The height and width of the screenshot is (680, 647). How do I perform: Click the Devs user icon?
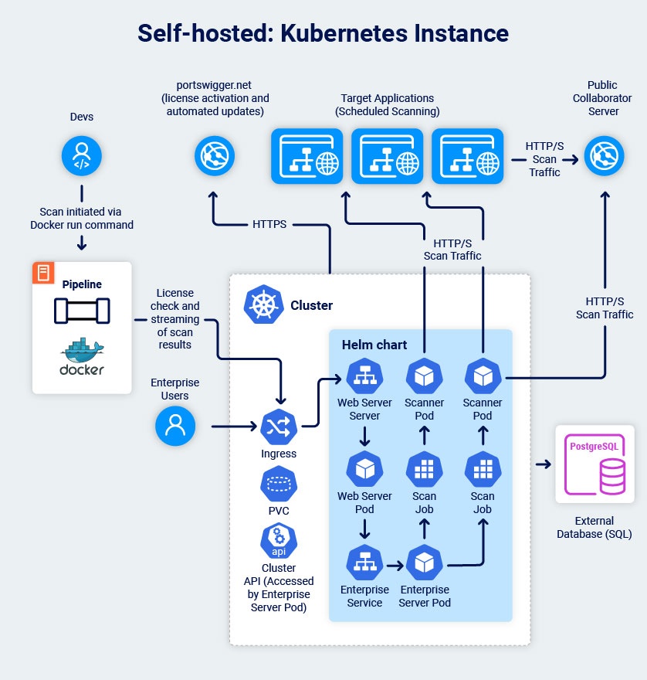click(x=81, y=157)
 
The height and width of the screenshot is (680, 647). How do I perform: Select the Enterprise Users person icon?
click(x=175, y=426)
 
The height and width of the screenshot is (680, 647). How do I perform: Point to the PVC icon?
click(x=279, y=484)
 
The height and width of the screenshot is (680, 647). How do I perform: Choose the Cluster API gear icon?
click(x=279, y=540)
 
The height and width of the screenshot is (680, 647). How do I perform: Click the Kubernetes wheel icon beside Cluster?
click(x=263, y=304)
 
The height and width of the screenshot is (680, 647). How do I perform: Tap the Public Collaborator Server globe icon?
click(x=603, y=157)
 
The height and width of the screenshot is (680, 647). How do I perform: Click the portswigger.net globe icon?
click(x=213, y=157)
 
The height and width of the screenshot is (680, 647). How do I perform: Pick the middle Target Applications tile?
click(x=387, y=157)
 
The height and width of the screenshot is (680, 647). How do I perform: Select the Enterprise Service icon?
click(x=364, y=564)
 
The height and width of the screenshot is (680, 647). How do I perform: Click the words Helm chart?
click(x=374, y=344)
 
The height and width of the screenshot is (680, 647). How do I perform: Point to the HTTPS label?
click(x=269, y=224)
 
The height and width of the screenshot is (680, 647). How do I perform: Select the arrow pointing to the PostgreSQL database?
click(x=544, y=464)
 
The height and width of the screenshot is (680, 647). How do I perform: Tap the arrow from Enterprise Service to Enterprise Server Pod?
click(x=395, y=565)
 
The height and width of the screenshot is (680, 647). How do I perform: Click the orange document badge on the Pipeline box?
click(x=44, y=272)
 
